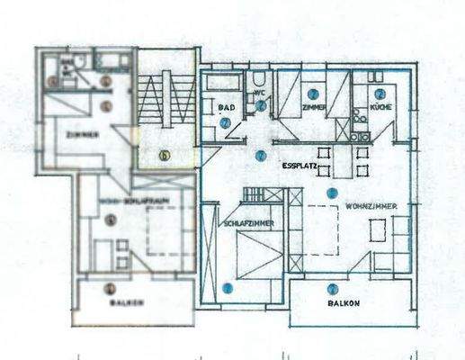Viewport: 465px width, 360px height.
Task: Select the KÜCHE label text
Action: [x=380, y=106]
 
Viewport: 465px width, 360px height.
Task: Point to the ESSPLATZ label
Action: [x=298, y=166]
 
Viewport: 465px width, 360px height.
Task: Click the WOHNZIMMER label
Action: [x=372, y=207]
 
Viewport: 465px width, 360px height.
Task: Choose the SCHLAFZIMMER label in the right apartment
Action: [x=248, y=223]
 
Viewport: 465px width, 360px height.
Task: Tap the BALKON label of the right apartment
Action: [x=344, y=303]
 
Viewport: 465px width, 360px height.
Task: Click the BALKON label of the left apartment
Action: [x=126, y=302]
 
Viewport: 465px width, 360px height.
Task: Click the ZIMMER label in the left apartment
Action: [x=82, y=135]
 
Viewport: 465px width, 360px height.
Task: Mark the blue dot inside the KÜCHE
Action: [x=380, y=94]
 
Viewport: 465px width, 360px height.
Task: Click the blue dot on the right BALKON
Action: [x=333, y=289]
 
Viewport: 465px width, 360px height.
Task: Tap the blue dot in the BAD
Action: [x=225, y=122]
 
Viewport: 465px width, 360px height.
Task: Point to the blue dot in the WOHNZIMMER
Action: [x=332, y=193]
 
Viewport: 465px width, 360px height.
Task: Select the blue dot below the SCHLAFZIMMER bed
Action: [x=227, y=288]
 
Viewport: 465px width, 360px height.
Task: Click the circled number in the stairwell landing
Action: [x=164, y=154]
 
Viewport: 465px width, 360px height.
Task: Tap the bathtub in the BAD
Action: [x=220, y=83]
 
